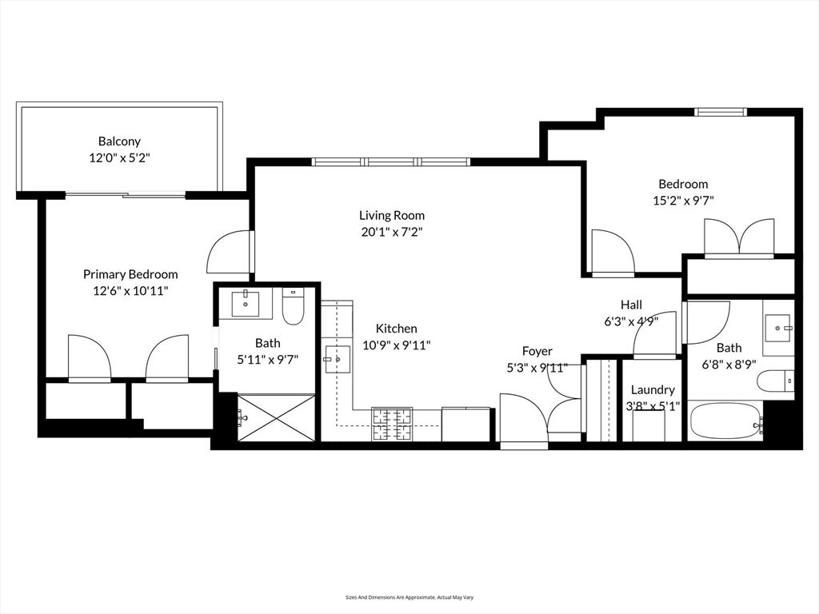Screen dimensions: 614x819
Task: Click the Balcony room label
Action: point(119,142)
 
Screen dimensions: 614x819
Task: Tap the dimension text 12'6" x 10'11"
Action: point(130,291)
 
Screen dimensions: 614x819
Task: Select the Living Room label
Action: point(391,215)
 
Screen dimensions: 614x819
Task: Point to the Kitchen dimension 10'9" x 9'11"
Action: point(396,345)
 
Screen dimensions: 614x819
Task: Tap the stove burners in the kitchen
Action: point(392,424)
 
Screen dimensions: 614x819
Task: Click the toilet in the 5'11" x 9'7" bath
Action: point(294,308)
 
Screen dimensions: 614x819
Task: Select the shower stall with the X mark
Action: point(278,417)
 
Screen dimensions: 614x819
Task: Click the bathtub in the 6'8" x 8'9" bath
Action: point(725,421)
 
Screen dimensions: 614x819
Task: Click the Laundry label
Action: point(653,390)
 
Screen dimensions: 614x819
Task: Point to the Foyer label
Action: point(537,351)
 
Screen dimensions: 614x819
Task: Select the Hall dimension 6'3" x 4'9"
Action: point(631,321)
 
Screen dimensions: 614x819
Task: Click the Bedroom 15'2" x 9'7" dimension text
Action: point(683,201)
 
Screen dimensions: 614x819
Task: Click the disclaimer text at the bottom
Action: point(409,597)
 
